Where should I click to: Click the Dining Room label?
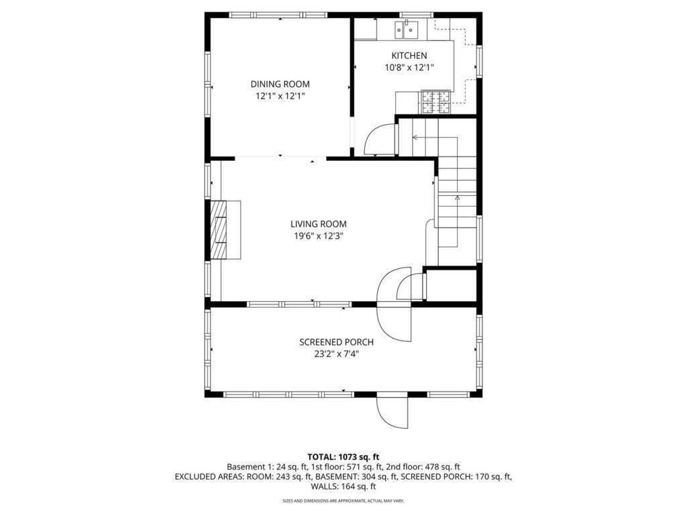coord(280,84)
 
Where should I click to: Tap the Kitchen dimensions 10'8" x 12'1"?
coord(409,67)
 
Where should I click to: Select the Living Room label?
coord(318,224)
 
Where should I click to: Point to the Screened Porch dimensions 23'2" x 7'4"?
coord(336,354)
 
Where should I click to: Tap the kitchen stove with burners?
coord(435,102)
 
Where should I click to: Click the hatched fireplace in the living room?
coord(219,229)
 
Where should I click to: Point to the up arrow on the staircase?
coord(458,198)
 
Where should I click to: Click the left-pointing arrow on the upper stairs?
coord(415,138)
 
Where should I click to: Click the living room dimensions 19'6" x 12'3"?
coord(318,236)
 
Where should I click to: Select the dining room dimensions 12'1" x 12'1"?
coord(280,96)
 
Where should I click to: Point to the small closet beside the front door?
coord(451,285)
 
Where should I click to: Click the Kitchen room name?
coord(409,56)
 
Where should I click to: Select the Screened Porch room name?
coord(336,342)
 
